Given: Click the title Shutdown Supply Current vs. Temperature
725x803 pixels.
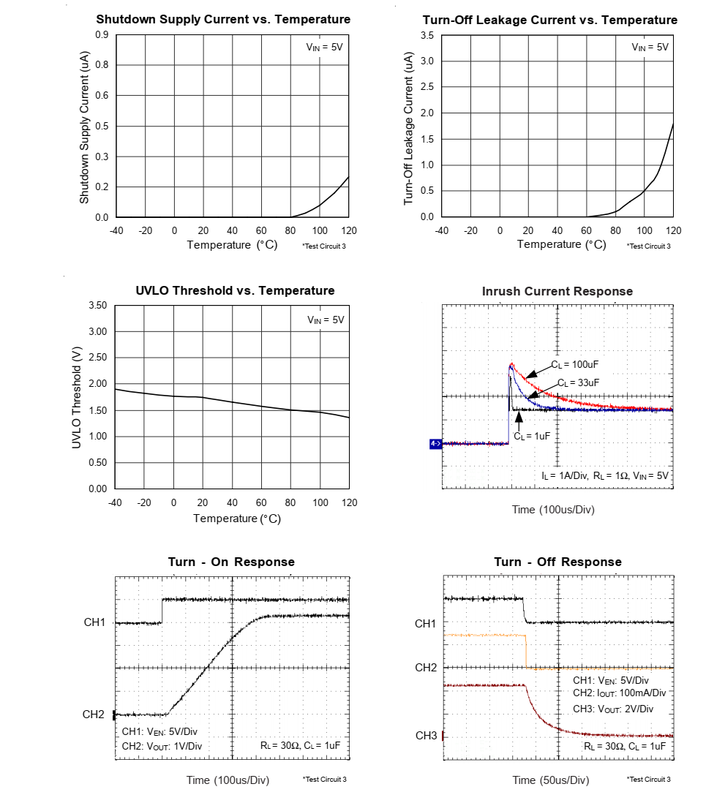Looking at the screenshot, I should coord(223,20).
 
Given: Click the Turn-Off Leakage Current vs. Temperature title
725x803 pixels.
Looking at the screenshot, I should coord(550,20).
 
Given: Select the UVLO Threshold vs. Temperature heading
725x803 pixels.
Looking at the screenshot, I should coord(235,291).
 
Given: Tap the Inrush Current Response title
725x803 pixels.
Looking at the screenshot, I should coord(557,292).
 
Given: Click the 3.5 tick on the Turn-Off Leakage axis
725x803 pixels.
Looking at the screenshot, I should coord(429,35).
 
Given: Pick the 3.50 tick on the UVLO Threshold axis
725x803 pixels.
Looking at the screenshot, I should coord(97,305).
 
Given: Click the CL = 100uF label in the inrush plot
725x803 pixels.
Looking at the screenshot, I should coord(575,364).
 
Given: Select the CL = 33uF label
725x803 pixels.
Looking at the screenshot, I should coord(578,382).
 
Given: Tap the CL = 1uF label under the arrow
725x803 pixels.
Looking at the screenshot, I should coord(531,436).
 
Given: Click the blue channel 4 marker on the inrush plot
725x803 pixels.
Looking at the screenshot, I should coord(435,443).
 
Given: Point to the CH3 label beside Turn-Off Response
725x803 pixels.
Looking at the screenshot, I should coord(426,735).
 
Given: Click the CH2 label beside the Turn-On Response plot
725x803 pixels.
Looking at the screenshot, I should coord(94,715).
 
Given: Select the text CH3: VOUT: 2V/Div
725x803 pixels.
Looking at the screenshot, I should coord(613,709).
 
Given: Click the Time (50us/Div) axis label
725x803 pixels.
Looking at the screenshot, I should coord(550,780).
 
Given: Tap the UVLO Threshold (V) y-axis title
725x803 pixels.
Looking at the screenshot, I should coord(76,396).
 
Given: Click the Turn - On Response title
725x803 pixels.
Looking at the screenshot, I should coord(231,562).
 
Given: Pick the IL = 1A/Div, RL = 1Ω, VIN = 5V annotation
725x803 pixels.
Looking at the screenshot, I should coord(605,475).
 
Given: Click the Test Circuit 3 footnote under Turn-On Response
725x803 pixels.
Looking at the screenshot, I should coord(324,780).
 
